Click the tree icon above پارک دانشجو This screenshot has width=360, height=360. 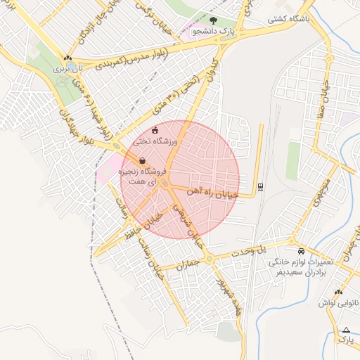pyautogui.click(x=214, y=20)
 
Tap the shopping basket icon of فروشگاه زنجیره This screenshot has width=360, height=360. pyautogui.click(x=143, y=160)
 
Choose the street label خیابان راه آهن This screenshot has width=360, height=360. pyautogui.click(x=214, y=191)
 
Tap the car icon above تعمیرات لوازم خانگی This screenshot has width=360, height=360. pyautogui.click(x=301, y=251)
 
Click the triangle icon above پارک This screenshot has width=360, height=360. pyautogui.click(x=345, y=329)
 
